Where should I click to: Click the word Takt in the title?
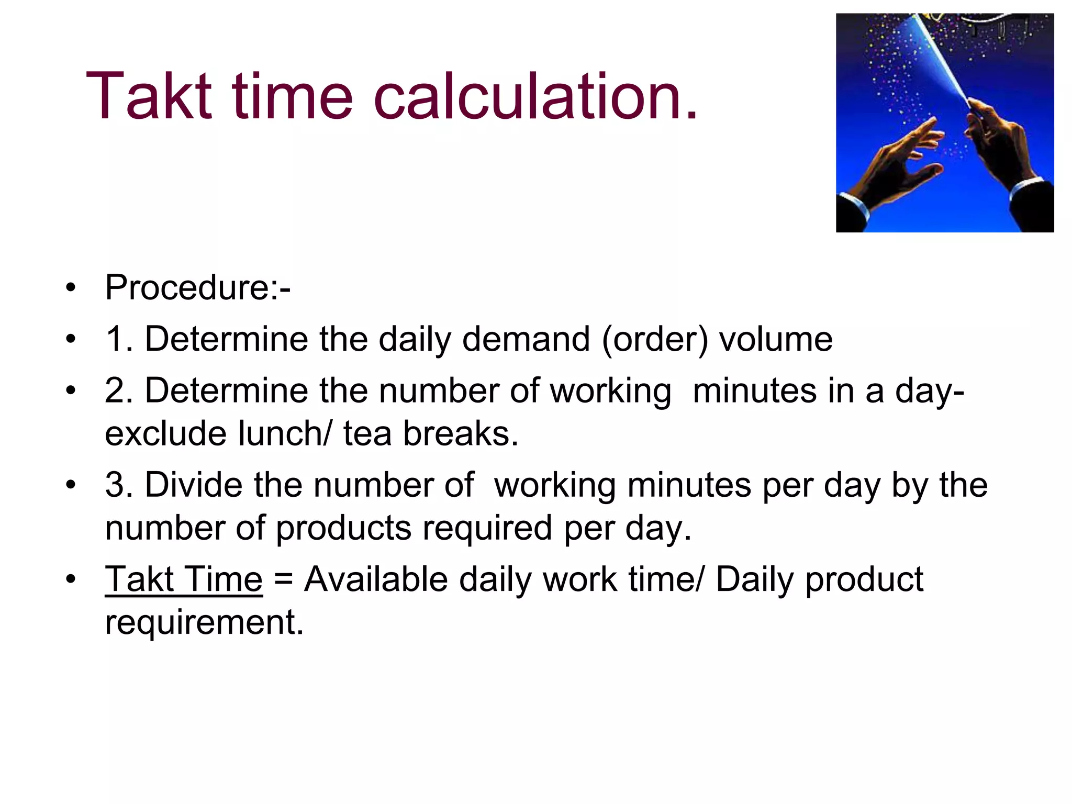pyautogui.click(x=149, y=97)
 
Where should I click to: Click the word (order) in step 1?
pyautogui.click(x=655, y=339)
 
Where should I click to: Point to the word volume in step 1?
pyautogui.click(x=776, y=339)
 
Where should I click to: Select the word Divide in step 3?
pyautogui.click(x=194, y=485)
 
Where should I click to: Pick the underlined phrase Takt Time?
pyautogui.click(x=184, y=579)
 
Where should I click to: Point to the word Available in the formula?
pyautogui.click(x=376, y=579)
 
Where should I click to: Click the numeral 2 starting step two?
pyautogui.click(x=115, y=390)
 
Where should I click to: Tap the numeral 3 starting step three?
pyautogui.click(x=115, y=485)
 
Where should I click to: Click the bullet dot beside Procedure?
pyautogui.click(x=71, y=288)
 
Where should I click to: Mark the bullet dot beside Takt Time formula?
pyautogui.click(x=71, y=580)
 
